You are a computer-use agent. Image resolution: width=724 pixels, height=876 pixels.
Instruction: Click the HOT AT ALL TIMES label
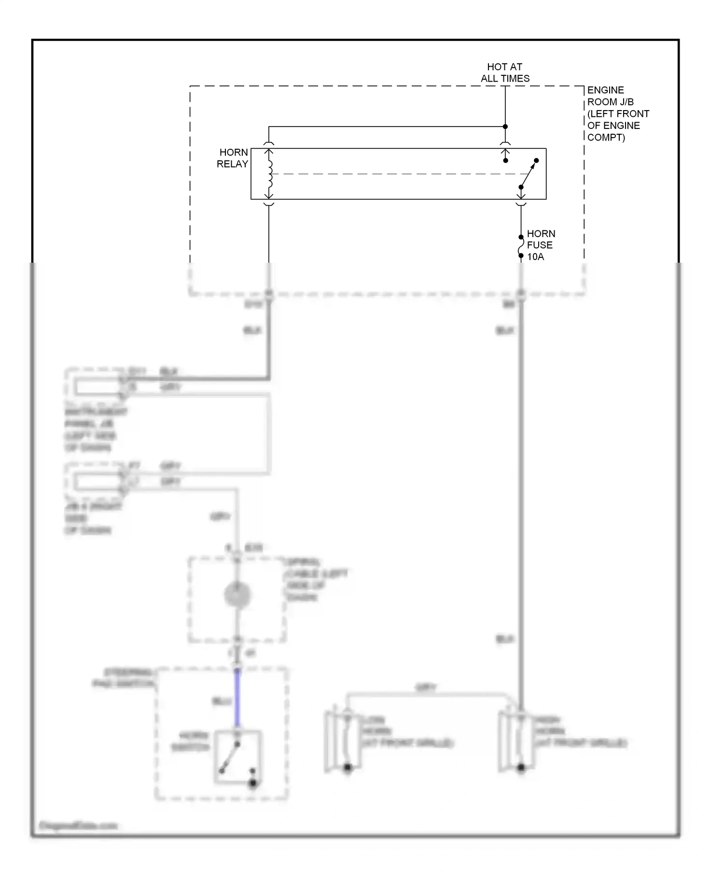pyautogui.click(x=505, y=72)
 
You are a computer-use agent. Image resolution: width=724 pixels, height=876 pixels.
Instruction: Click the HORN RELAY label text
pyautogui.click(x=233, y=158)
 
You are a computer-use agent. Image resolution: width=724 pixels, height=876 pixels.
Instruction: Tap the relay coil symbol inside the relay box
pyautogui.click(x=269, y=174)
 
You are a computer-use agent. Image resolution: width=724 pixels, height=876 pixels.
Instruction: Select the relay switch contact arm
pyautogui.click(x=529, y=174)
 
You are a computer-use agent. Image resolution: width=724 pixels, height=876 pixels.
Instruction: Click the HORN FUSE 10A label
pyautogui.click(x=540, y=245)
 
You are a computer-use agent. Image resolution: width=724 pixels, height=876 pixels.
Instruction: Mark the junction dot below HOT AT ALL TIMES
pyautogui.click(x=505, y=127)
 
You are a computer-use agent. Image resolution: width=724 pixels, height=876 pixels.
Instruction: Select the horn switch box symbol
pyautogui.click(x=238, y=757)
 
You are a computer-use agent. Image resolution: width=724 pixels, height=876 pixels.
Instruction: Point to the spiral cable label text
pyautogui.click(x=316, y=579)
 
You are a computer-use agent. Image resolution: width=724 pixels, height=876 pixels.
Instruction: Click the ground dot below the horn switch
pyautogui.click(x=253, y=783)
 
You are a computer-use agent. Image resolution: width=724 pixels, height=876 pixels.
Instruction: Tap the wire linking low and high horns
pyautogui.click(x=426, y=694)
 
